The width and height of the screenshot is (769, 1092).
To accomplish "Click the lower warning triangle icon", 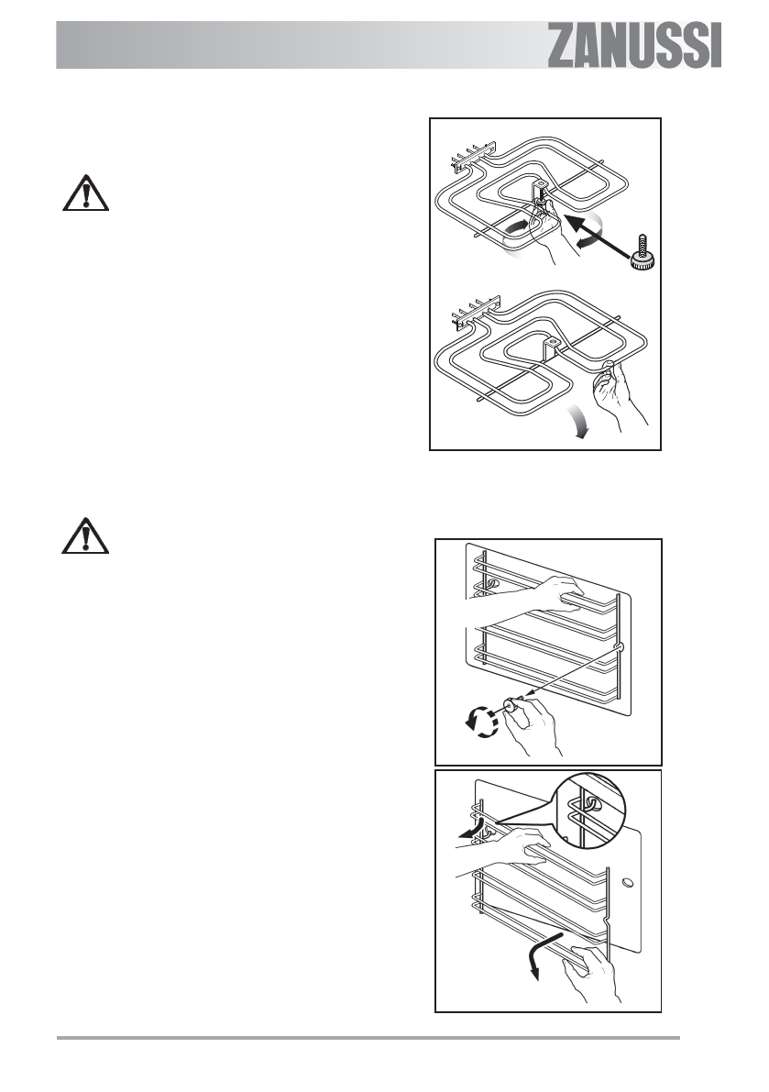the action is click(85, 536).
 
